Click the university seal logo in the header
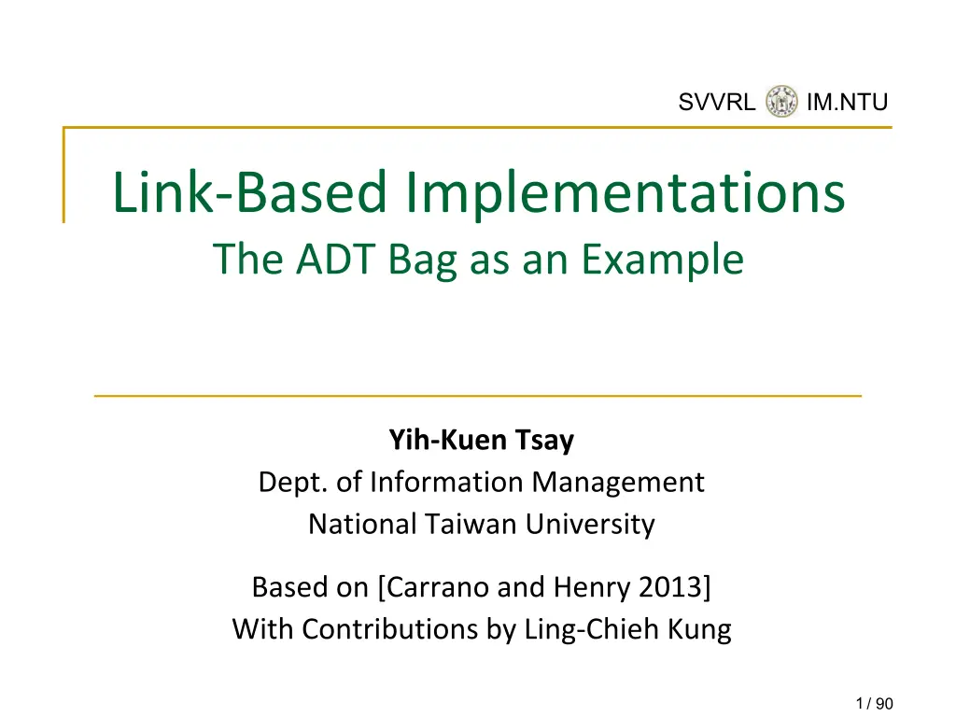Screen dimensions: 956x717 (x=781, y=101)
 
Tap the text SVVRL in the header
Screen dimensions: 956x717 (x=716, y=102)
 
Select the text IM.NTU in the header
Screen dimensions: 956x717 (x=847, y=102)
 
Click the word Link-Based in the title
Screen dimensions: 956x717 (x=250, y=192)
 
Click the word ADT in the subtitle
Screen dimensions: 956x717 (x=334, y=260)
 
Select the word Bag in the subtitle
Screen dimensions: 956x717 (x=422, y=262)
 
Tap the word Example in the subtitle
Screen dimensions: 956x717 (x=662, y=261)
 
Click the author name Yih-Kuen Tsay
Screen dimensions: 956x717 (x=482, y=441)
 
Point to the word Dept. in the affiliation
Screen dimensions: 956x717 (x=292, y=483)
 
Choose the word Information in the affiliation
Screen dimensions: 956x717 (x=446, y=482)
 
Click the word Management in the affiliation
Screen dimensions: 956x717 (x=618, y=483)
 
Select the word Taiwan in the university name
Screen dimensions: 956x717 (x=471, y=524)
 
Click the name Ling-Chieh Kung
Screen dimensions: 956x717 (x=628, y=630)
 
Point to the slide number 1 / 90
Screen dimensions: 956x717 (x=874, y=704)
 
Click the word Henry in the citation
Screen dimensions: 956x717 (x=592, y=588)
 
